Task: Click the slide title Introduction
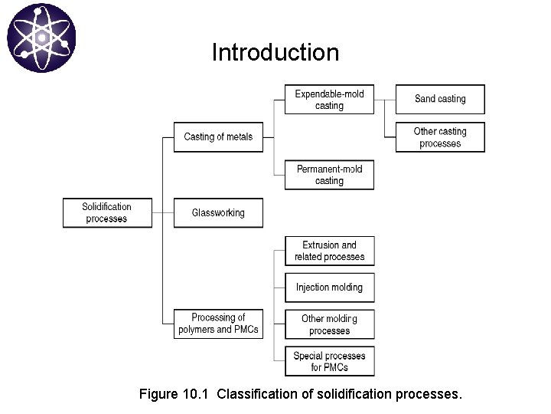point(275,53)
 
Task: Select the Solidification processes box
point(106,212)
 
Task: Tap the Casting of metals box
point(217,137)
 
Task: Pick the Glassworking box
point(217,212)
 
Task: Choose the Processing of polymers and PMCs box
point(217,324)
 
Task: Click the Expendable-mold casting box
point(329,100)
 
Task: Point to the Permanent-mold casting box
point(329,175)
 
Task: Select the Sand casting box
point(440,99)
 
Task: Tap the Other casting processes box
point(440,137)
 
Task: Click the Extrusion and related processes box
point(329,251)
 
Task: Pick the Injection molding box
point(329,287)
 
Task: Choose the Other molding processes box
point(329,324)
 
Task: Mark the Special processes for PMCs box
point(329,361)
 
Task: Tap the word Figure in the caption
point(158,396)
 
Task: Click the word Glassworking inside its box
point(218,212)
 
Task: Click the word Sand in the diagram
point(425,99)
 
